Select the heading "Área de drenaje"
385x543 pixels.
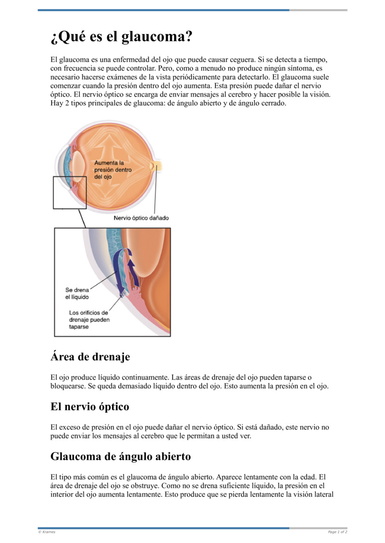coord(90,357)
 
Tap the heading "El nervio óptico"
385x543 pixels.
coord(90,407)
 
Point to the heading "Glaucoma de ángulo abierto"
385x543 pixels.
coord(120,457)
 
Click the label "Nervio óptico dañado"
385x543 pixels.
coord(141,218)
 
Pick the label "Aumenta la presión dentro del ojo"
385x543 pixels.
coord(113,170)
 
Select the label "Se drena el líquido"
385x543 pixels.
coord(77,294)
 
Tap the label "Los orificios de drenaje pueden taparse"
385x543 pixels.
coord(90,320)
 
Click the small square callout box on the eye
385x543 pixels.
coord(69,192)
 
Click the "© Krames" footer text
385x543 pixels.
coord(47,532)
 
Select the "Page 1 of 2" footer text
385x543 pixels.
coord(337,532)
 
